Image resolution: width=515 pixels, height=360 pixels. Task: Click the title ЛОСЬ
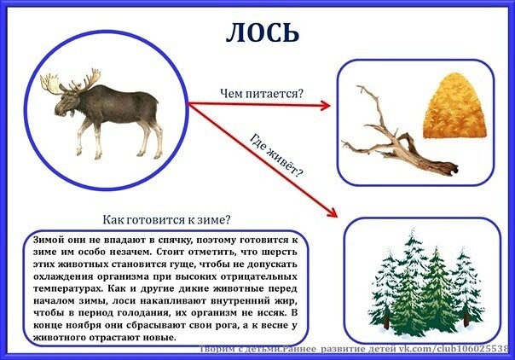tap(263, 32)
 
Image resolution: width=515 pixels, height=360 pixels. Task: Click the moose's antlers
tap(71, 82)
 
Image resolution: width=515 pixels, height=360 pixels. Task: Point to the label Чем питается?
tap(261, 94)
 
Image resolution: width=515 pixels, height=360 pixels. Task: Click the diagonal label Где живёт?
tap(276, 155)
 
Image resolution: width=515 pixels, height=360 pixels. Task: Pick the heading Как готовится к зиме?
tap(166, 220)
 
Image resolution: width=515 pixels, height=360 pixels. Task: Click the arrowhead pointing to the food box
tap(325, 106)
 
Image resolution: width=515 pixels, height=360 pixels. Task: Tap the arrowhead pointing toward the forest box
tap(333, 213)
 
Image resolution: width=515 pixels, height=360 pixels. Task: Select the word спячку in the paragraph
tap(174, 241)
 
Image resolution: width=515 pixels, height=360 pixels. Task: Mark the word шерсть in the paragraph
tap(280, 253)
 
